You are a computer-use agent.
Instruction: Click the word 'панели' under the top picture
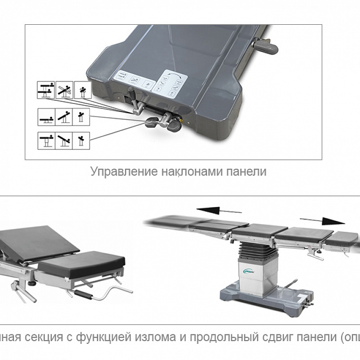point(245,171)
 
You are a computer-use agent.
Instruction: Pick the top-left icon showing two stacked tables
point(45,90)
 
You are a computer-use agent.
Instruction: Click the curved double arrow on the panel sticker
point(171,74)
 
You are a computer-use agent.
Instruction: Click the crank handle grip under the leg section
point(85,297)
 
